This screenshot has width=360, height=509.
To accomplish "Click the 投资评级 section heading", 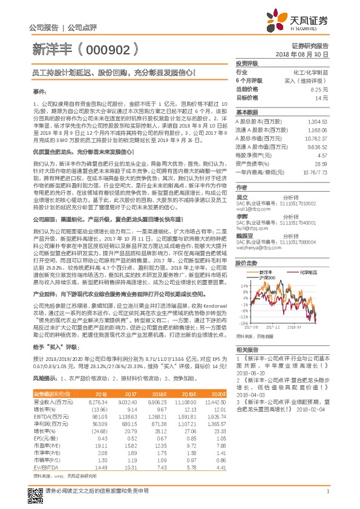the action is coord(247,63).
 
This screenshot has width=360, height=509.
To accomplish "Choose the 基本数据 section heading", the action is coord(247,112).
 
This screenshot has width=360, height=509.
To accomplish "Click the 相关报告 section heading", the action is coord(247,350).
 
